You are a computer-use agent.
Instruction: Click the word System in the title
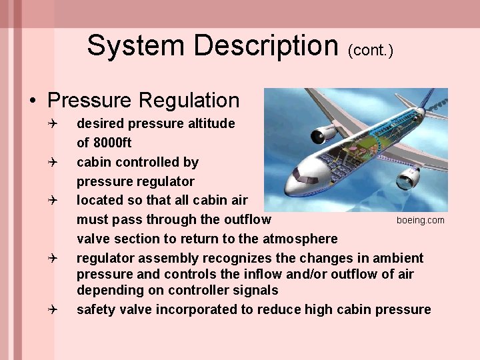coord(137,46)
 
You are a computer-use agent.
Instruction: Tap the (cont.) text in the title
coord(371,50)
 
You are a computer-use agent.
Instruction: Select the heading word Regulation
coord(189,101)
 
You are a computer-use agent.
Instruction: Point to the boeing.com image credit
coord(420,220)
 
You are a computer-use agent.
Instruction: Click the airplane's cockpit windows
coord(306,179)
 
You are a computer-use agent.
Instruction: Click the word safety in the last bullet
coord(94,309)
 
